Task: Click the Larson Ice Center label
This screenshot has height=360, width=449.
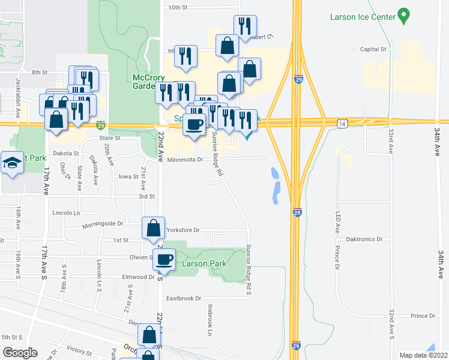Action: pyautogui.click(x=363, y=17)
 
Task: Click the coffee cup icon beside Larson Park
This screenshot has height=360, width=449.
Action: pyautogui.click(x=164, y=260)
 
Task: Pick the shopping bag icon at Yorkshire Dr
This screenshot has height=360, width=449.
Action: pyautogui.click(x=154, y=228)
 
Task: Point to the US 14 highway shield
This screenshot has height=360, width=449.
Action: pyautogui.click(x=342, y=123)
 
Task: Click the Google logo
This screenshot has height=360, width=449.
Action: pyautogui.click(x=20, y=352)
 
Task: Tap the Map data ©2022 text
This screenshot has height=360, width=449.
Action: pyautogui.click(x=423, y=355)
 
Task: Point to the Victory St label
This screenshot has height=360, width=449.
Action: pyautogui.click(x=77, y=348)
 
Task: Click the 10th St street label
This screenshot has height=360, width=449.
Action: pyautogui.click(x=178, y=8)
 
